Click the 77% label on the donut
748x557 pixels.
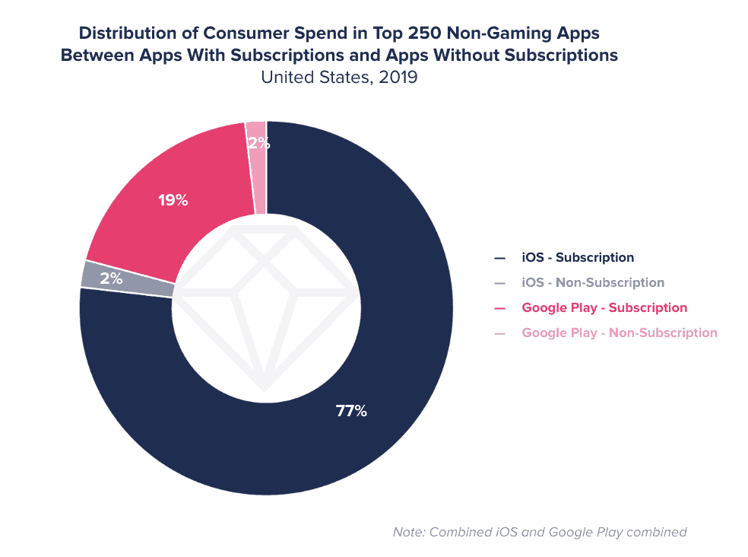click(x=351, y=412)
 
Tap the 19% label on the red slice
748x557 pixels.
click(x=173, y=201)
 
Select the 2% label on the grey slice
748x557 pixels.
click(x=111, y=278)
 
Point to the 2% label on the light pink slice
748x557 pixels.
click(x=258, y=142)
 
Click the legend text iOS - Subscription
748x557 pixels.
click(x=578, y=257)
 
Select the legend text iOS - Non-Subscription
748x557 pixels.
click(x=593, y=282)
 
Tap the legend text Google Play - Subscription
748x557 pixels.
click(x=604, y=307)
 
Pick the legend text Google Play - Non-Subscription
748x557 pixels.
click(x=620, y=333)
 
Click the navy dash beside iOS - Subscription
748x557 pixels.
click(x=499, y=258)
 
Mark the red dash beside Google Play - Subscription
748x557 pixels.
click(x=499, y=308)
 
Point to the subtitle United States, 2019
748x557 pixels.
click(x=339, y=77)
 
